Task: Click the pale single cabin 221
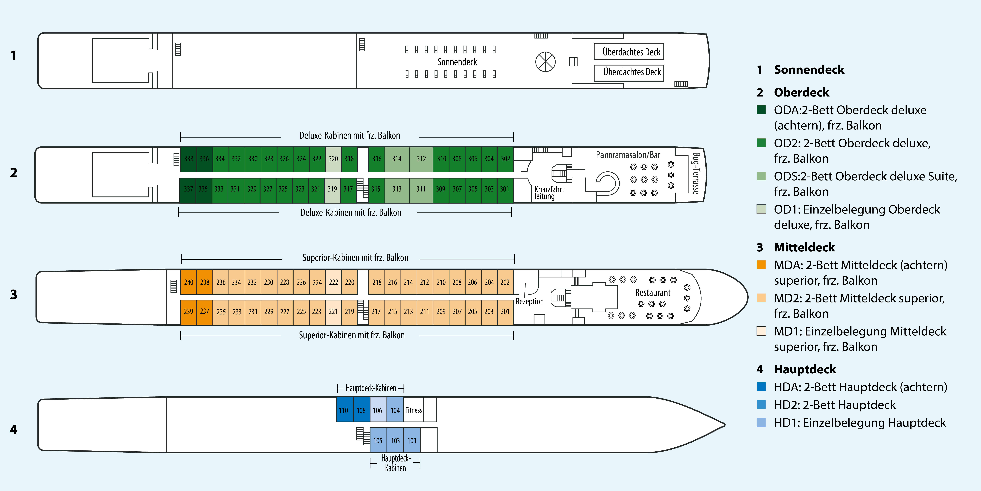333,311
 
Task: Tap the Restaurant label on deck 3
653,293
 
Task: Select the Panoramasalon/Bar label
628,155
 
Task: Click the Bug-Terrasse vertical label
696,173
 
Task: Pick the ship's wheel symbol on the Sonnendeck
545,62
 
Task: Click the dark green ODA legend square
761,110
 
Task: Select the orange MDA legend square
761,265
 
